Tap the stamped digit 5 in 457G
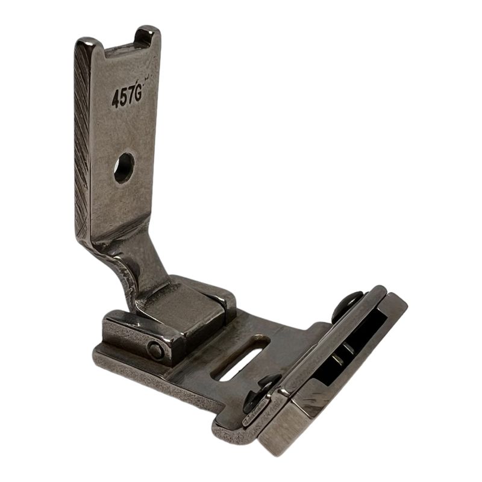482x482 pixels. tap(124, 98)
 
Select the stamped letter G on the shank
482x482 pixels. tap(138, 94)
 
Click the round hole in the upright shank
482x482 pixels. tap(124, 168)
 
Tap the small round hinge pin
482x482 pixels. tap(155, 350)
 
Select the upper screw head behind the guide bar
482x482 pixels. tap(348, 305)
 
